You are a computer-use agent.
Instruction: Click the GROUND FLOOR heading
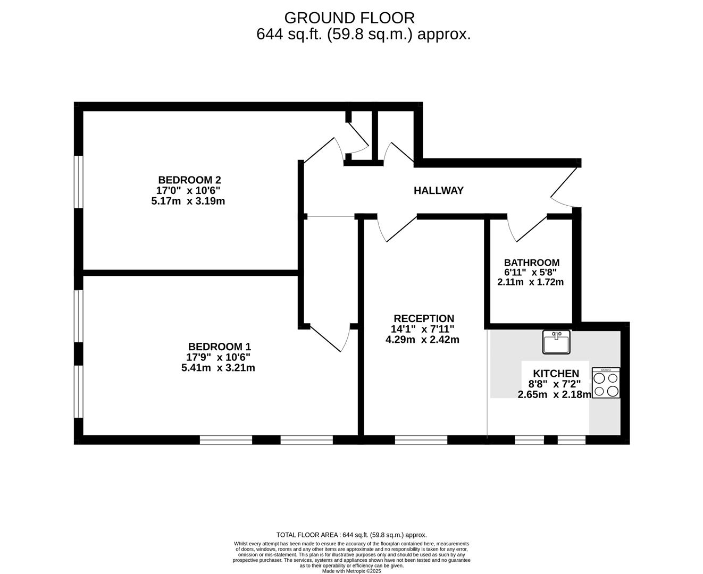349,18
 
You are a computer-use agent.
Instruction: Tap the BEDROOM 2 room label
189,180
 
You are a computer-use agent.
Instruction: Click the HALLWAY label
439,190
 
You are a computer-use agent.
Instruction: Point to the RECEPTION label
423,319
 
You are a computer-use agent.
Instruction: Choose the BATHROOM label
531,263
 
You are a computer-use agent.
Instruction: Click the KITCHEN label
556,374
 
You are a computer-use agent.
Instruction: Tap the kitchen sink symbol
556,342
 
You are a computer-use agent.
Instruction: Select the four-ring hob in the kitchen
606,384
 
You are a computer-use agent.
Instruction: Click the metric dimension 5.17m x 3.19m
188,201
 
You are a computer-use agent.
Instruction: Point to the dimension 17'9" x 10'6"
219,357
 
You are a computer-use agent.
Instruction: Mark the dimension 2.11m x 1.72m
530,282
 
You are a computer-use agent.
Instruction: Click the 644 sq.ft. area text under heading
363,35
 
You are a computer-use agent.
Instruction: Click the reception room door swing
394,229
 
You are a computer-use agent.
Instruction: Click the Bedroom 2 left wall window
79,181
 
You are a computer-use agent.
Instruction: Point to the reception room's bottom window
421,440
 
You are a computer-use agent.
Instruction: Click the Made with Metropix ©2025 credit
351,571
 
